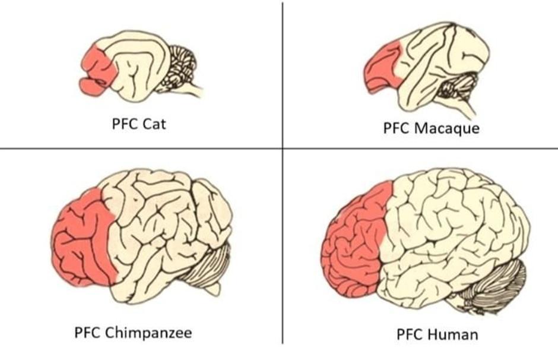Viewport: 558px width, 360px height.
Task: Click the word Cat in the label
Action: (154, 125)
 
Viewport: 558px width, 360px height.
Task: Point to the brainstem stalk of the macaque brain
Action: (469, 110)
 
